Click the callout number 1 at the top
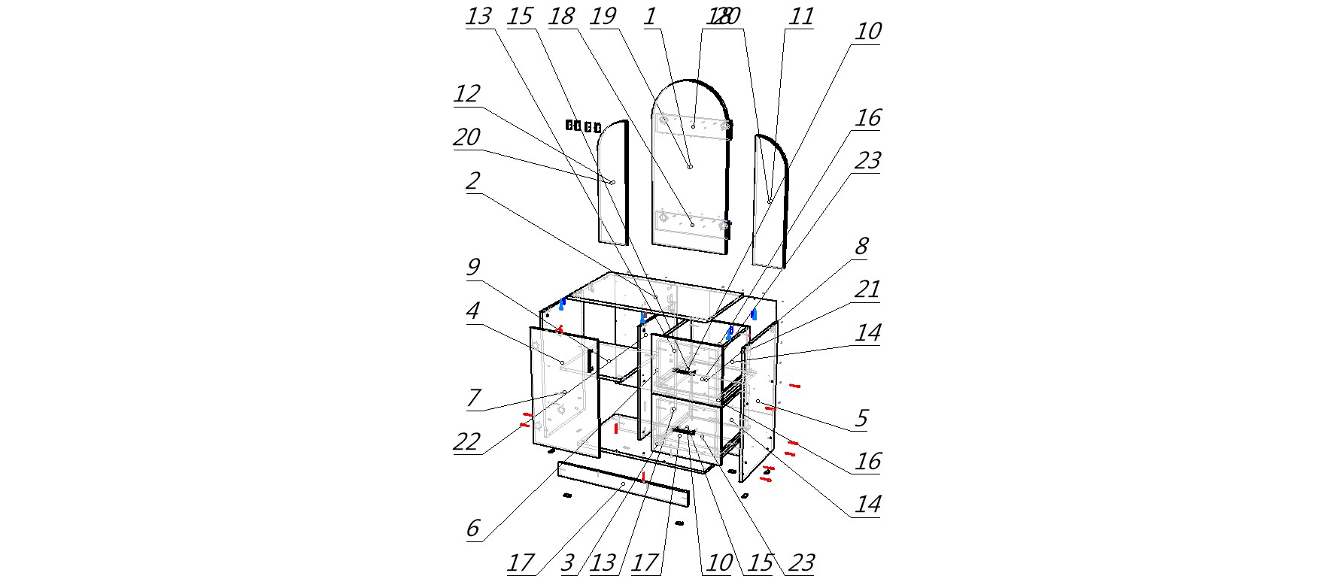click(650, 17)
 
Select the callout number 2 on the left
click(472, 181)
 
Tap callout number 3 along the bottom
click(568, 562)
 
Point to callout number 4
click(472, 311)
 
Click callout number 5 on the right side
click(861, 418)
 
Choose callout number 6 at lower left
click(472, 528)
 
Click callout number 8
click(861, 247)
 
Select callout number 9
click(472, 268)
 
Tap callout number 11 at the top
click(800, 17)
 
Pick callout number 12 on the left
click(466, 94)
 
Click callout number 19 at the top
click(603, 17)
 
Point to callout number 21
click(867, 289)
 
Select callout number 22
click(466, 441)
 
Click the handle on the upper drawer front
click(684, 371)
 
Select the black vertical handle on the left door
click(591, 360)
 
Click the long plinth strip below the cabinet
click(623, 483)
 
